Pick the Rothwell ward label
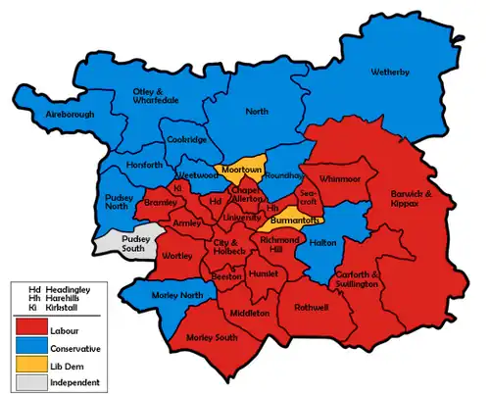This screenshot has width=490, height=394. point(309,306)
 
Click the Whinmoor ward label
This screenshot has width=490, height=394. point(340,178)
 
